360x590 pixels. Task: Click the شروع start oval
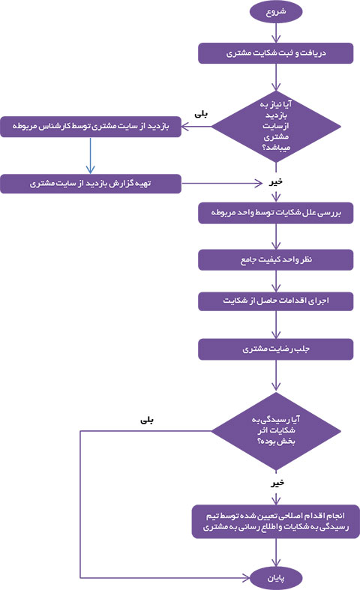[276, 12]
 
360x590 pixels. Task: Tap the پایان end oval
[276, 578]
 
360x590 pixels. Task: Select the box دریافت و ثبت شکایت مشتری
[276, 53]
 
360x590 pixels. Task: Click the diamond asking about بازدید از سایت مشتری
[276, 126]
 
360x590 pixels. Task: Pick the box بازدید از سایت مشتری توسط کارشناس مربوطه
[91, 127]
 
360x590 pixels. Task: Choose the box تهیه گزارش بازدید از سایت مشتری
[91, 184]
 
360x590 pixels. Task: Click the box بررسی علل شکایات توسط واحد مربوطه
[276, 214]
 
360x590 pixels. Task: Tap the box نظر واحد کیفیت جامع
[276, 259]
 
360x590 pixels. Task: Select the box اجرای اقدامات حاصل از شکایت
[276, 301]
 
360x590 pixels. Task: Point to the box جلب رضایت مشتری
[276, 349]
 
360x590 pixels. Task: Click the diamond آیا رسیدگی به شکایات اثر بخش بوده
[276, 431]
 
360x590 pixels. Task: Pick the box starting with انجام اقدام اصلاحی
[276, 522]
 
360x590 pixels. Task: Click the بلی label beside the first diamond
[201, 114]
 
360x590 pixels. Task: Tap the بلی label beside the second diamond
[147, 420]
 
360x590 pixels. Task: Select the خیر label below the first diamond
[276, 182]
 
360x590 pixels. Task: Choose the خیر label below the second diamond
[277, 483]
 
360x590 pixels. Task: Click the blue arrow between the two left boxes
[91, 155]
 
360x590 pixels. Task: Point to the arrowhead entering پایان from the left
[246, 577]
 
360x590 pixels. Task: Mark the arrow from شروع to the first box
[276, 33]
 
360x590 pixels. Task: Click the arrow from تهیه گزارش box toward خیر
[222, 184]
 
